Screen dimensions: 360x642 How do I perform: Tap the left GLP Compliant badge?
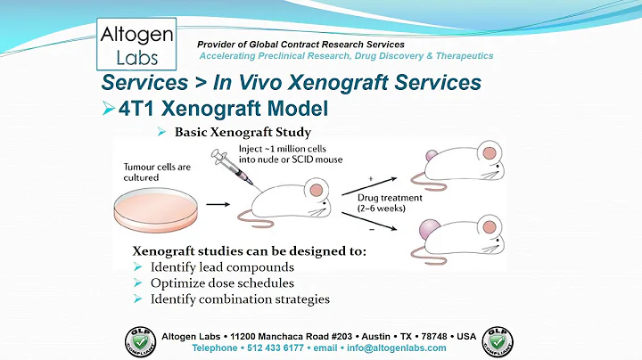[x=141, y=342]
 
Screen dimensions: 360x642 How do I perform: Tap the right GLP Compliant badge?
[x=499, y=342]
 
